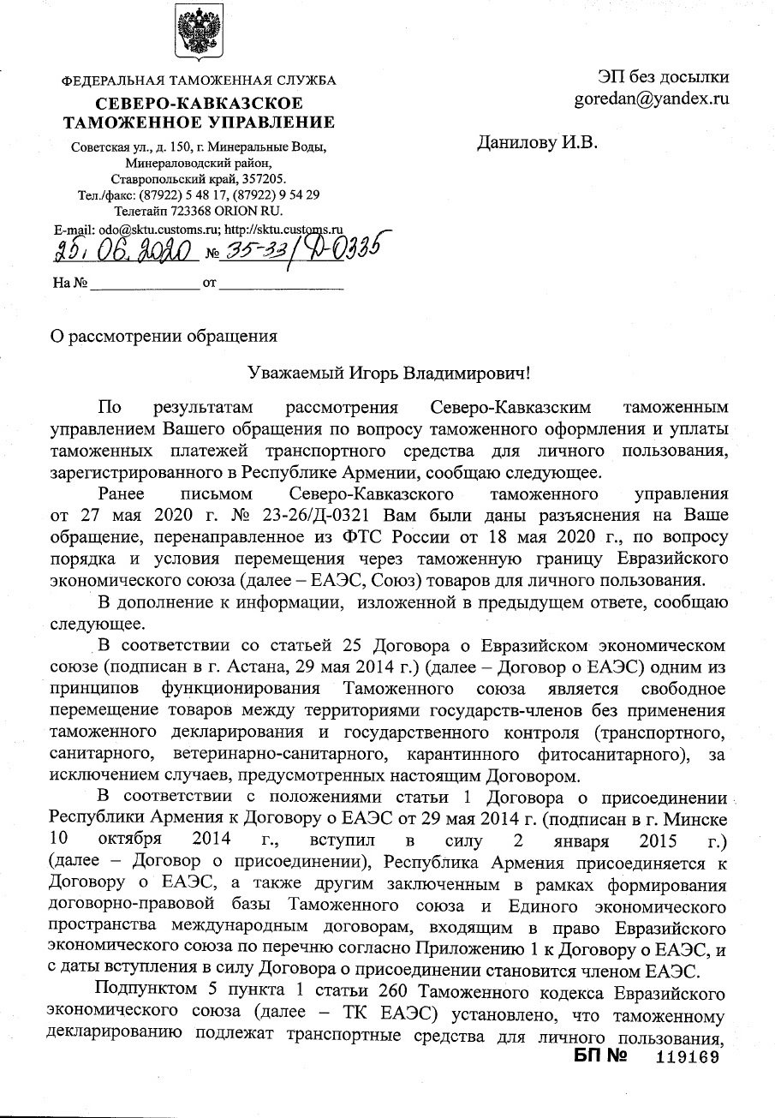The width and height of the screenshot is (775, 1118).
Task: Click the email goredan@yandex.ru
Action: pyautogui.click(x=652, y=99)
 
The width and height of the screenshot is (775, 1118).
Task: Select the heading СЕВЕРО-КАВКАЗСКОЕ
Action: pyautogui.click(x=199, y=105)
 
